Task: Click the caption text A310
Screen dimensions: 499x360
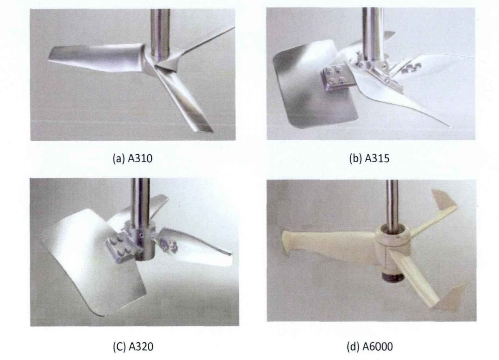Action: click(140, 159)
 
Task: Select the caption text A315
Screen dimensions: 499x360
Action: click(377, 159)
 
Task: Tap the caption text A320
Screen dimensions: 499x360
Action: click(141, 347)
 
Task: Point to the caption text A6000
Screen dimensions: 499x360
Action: click(378, 347)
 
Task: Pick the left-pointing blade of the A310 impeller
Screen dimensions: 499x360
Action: click(96, 58)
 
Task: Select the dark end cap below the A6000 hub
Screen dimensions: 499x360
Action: click(391, 277)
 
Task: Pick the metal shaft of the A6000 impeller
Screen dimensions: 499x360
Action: click(391, 205)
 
